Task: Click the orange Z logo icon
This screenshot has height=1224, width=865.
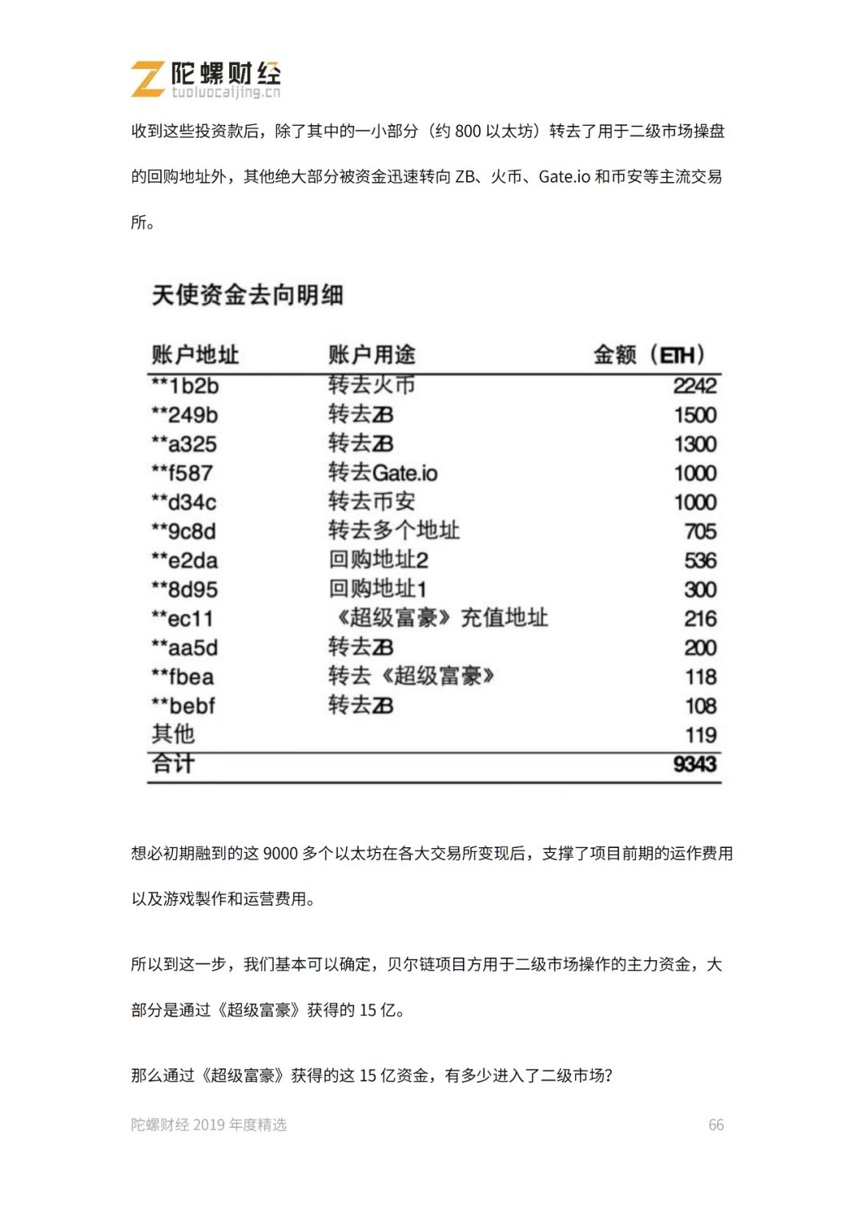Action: point(148,79)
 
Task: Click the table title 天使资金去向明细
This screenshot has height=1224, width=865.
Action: point(247,295)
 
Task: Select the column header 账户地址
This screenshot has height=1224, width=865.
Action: point(195,354)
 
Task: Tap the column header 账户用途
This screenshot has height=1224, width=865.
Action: point(372,354)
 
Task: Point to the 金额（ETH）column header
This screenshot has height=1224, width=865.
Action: point(650,354)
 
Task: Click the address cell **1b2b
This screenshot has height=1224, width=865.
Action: point(185,386)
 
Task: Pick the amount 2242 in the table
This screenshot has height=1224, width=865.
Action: point(694,386)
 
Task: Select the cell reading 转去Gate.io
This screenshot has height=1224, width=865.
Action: point(383,473)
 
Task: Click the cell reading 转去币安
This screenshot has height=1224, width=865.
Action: point(372,502)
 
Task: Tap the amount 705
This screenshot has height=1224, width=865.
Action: point(700,531)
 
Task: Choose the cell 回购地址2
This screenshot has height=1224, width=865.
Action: point(378,560)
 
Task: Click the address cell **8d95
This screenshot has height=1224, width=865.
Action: point(185,590)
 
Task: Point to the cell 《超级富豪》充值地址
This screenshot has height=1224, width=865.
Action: point(439,618)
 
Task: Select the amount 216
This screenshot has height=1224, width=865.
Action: point(700,619)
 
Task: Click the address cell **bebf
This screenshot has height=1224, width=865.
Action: point(183,706)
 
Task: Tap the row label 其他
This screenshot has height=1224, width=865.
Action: point(173,734)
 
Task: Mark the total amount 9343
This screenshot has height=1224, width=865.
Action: point(694,764)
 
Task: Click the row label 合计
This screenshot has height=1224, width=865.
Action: point(173,764)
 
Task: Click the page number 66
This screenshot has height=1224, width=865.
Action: point(716,1125)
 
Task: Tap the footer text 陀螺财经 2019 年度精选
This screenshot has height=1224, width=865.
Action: point(209,1125)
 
